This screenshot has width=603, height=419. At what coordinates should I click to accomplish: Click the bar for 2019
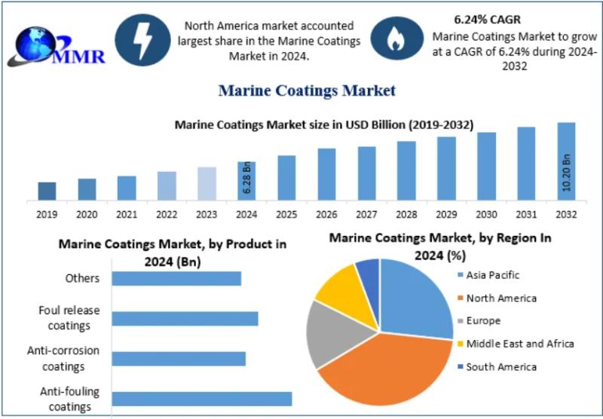(47, 191)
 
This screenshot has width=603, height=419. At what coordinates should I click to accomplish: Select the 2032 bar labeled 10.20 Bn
(566, 161)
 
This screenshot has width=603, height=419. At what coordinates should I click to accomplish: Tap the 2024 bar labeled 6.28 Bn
(246, 181)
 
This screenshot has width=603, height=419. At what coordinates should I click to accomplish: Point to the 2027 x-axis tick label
(366, 215)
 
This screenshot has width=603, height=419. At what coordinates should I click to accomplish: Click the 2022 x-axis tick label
(167, 215)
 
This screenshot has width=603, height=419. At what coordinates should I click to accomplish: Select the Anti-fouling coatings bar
(201, 399)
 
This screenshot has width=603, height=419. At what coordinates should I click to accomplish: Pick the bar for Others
(176, 279)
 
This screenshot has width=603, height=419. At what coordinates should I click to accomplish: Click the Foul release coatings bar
(185, 319)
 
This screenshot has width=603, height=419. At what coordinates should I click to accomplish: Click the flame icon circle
(395, 38)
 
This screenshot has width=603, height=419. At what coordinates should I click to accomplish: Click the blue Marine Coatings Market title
(307, 91)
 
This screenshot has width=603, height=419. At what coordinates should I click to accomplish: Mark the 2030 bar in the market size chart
(486, 167)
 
